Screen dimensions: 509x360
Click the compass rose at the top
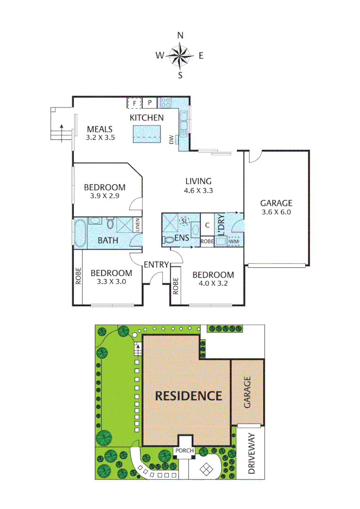[180, 56]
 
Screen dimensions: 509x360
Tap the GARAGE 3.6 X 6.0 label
[276, 207]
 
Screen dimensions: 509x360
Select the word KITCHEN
[147, 118]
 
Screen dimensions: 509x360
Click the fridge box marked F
[134, 102]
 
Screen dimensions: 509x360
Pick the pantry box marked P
[150, 102]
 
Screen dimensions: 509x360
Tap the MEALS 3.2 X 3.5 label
[100, 133]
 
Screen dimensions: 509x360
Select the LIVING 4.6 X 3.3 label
[198, 185]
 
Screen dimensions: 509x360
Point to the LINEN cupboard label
[137, 225]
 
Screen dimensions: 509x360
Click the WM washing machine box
[234, 242]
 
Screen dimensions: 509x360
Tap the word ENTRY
[155, 264]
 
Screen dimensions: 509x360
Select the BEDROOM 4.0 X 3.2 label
[212, 279]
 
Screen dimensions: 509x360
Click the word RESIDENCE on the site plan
[188, 395]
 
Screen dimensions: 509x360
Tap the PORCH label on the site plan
[184, 451]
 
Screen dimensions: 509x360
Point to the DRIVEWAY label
[250, 453]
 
